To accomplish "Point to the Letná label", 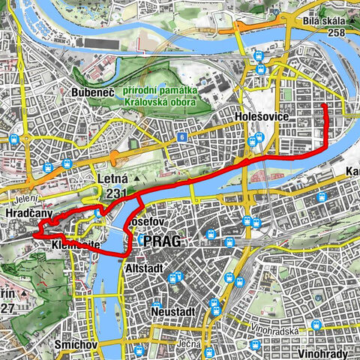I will pyautogui.click(x=113, y=178).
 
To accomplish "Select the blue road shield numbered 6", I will pyautogui.click(x=181, y=137).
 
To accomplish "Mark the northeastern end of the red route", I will pyautogui.click(x=325, y=106).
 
